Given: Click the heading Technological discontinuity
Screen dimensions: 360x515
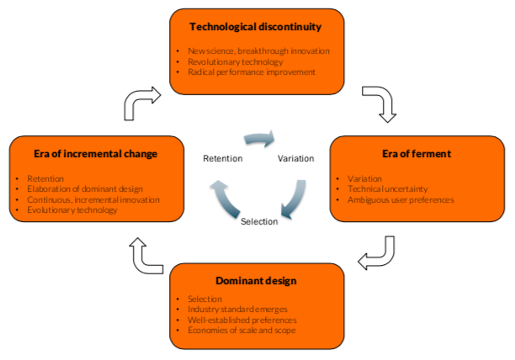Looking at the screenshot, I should [256, 27].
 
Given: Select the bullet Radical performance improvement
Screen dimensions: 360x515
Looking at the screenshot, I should [251, 72].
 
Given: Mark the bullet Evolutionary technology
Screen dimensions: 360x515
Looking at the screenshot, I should [72, 210].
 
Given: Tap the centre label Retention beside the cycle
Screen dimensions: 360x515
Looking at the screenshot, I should [223, 158].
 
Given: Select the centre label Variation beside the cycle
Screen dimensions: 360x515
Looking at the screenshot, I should [295, 158].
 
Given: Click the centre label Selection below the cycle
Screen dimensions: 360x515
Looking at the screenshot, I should [259, 221].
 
